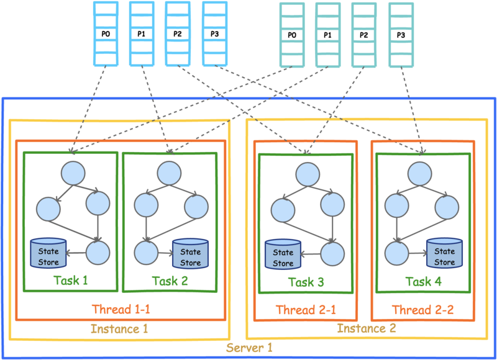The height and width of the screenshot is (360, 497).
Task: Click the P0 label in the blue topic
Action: click(106, 34)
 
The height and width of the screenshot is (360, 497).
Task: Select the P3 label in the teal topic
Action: click(401, 35)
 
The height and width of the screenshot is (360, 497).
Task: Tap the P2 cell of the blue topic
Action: click(178, 34)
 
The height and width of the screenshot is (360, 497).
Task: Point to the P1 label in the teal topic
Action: click(327, 35)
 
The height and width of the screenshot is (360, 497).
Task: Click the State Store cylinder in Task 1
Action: click(48, 253)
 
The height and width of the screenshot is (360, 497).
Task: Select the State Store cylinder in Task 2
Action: click(191, 254)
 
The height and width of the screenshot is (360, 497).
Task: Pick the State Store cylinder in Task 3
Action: click(283, 254)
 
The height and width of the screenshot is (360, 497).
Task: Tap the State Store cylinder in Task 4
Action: click(444, 253)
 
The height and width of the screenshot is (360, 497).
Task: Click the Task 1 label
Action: click(70, 280)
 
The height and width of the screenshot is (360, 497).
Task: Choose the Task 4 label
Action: click(424, 281)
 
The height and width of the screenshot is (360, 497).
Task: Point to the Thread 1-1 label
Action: click(121, 309)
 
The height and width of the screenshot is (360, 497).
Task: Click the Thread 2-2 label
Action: click(423, 310)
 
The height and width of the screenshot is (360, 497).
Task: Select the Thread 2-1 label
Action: click(306, 310)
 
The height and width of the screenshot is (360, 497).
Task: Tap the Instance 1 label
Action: click(119, 328)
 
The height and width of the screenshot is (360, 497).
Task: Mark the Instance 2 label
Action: click(367, 328)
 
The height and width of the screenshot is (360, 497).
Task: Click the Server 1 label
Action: click(249, 348)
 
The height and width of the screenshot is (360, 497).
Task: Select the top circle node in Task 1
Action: click(73, 173)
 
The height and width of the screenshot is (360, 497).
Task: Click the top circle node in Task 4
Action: click(420, 174)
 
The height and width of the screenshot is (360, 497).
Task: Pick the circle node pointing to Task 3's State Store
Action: click(332, 254)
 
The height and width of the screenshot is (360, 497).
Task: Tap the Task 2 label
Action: click(170, 281)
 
